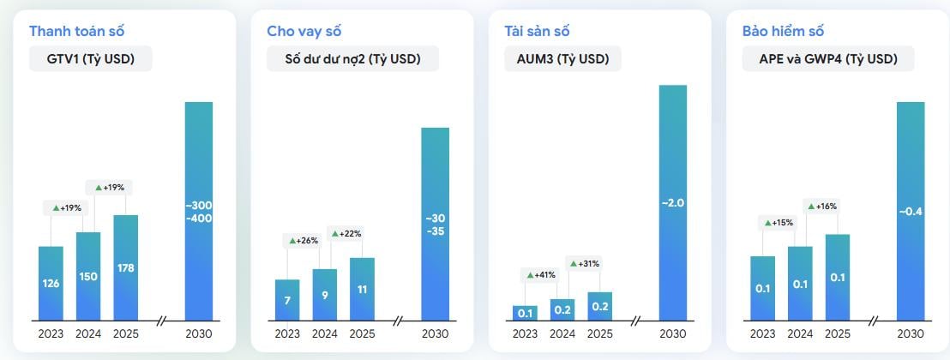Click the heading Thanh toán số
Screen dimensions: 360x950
[x=77, y=32]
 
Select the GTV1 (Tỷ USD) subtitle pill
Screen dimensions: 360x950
[x=90, y=59]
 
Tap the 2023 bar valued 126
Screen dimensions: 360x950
[x=51, y=283]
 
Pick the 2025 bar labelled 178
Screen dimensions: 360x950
[x=125, y=267]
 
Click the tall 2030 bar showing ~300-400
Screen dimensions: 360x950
[x=199, y=211]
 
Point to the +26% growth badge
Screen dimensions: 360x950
[x=302, y=241]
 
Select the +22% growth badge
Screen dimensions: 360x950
[x=346, y=233]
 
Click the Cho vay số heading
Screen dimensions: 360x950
[x=304, y=32]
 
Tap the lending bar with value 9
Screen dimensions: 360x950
[x=324, y=294]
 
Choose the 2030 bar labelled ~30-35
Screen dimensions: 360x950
[x=435, y=224]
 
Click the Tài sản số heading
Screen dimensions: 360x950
[x=538, y=32]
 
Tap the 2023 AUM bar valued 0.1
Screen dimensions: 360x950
[x=525, y=313]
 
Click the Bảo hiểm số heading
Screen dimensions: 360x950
[x=783, y=32]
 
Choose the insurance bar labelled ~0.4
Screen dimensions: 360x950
[x=911, y=211]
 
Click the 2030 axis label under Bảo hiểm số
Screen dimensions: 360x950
[x=911, y=334]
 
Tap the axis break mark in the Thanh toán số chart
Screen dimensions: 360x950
[x=161, y=321]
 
